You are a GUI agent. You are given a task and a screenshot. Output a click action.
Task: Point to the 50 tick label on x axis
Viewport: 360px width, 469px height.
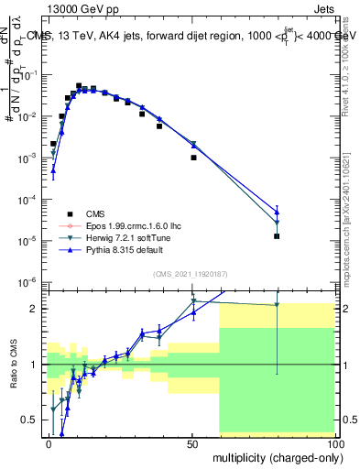(192, 442)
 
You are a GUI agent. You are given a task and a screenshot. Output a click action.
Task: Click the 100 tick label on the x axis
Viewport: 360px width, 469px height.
(334, 442)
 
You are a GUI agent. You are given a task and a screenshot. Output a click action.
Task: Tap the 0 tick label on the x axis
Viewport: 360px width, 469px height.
(49, 442)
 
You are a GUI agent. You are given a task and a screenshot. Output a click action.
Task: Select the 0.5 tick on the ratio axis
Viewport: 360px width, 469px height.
(30, 420)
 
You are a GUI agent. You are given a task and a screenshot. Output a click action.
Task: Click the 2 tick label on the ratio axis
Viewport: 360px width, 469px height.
(36, 309)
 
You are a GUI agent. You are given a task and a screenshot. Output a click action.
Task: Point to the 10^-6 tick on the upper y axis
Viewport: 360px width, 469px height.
(27, 281)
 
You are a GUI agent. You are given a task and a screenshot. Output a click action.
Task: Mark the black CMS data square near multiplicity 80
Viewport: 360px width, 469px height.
(277, 236)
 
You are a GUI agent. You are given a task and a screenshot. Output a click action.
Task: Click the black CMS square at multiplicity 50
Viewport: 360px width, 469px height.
(193, 158)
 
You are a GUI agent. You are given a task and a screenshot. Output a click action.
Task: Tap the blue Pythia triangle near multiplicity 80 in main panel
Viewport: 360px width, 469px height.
(277, 212)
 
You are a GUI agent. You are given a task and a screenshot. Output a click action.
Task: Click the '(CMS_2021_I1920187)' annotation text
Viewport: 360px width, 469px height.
(189, 274)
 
